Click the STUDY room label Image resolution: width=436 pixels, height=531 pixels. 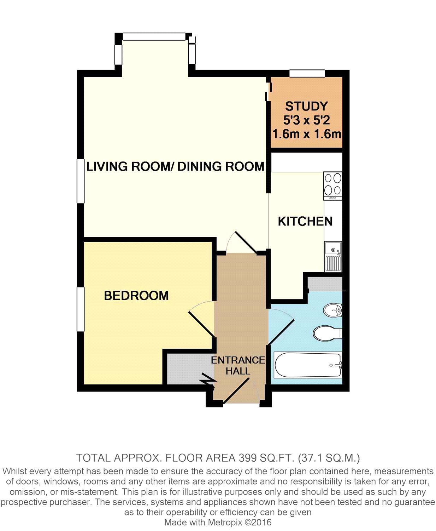tap(306, 106)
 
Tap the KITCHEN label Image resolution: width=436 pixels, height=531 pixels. tap(305, 221)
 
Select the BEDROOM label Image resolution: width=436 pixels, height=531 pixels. tap(136, 296)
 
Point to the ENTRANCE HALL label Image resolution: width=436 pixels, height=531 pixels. tap(238, 366)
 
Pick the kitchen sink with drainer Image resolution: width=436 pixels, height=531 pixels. tap(333, 257)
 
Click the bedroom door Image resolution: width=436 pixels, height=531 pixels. tap(201, 324)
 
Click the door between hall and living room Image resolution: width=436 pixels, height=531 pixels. tap(245, 242)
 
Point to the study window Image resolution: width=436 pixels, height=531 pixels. tap(307, 73)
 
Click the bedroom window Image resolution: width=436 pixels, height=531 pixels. tap(81, 309)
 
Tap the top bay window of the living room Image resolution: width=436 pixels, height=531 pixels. tap(154, 36)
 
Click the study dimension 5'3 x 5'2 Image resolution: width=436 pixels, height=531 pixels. tap(306, 120)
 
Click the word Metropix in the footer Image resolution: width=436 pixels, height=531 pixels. tap(225, 523)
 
